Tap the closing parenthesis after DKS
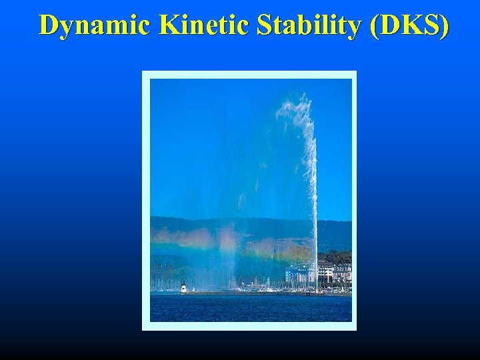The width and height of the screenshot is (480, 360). pyautogui.click(x=443, y=25)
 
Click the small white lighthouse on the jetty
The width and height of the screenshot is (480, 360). pyautogui.click(x=183, y=287)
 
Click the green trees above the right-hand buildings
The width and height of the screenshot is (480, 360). pyautogui.click(x=337, y=257)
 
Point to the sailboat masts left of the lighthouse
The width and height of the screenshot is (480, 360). pyautogui.click(x=163, y=284)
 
